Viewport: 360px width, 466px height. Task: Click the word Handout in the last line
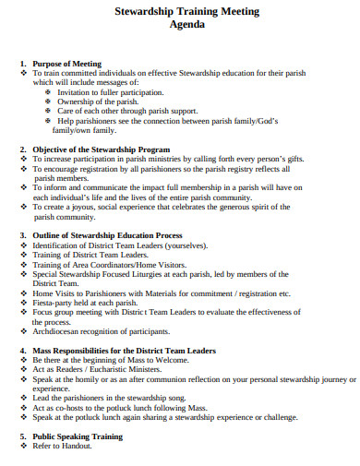[x=77, y=446]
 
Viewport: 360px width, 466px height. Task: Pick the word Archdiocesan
[x=57, y=332]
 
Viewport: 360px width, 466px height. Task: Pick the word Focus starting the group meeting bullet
[x=43, y=313]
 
